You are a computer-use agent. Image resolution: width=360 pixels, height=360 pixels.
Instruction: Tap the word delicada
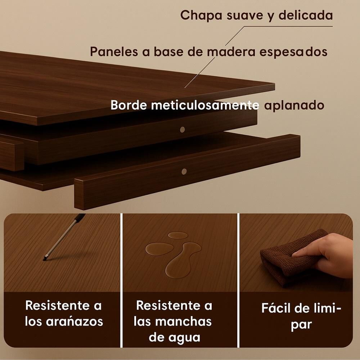pyautogui.click(x=306, y=15)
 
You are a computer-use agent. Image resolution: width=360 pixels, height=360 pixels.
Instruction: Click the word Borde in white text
pyautogui.click(x=129, y=105)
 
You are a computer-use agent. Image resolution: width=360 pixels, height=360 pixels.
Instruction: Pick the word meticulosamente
pyautogui.click(x=205, y=105)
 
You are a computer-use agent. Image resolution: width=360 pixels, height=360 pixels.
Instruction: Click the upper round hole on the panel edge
pyautogui.click(x=183, y=130)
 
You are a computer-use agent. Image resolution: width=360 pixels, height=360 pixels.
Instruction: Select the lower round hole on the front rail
pyautogui.click(x=184, y=171)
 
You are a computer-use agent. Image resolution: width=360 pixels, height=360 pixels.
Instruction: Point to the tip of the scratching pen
pyautogui.click(x=44, y=260)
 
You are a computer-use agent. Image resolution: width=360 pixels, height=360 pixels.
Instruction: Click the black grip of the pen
pyautogui.click(x=80, y=217)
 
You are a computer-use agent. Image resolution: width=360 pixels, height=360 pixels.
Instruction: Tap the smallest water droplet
pyautogui.click(x=177, y=235)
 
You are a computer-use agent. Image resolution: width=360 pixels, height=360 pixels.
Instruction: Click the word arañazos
pyautogui.click(x=75, y=321)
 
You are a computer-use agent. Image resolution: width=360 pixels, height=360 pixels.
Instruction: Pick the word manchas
pyautogui.click(x=184, y=321)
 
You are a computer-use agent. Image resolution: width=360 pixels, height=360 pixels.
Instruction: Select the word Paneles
pyautogui.click(x=114, y=51)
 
